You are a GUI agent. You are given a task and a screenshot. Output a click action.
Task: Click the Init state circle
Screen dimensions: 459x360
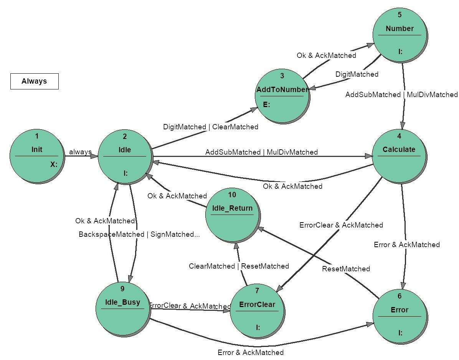[x=37, y=156]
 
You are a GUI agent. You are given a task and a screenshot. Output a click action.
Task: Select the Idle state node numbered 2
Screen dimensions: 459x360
[x=125, y=157]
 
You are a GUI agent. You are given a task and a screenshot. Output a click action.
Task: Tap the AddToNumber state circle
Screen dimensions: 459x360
[x=282, y=96]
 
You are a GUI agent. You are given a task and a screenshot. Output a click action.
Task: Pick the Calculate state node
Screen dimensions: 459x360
[x=400, y=157]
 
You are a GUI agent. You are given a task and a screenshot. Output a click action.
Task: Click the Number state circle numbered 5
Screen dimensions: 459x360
[x=400, y=35]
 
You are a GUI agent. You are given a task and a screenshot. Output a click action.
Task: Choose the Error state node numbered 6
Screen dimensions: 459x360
[x=400, y=317]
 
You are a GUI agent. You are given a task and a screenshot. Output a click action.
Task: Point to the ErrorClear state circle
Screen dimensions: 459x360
[x=258, y=311]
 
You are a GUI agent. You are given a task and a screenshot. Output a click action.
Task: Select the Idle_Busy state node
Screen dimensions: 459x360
[x=123, y=309]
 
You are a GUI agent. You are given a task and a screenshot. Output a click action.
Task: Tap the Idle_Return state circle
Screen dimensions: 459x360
[x=233, y=215]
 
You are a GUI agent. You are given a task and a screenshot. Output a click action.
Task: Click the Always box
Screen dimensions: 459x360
[x=35, y=81]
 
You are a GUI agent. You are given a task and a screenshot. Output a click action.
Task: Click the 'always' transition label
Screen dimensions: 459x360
[x=80, y=152]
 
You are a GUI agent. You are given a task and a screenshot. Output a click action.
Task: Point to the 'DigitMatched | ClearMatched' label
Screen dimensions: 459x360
[x=211, y=127]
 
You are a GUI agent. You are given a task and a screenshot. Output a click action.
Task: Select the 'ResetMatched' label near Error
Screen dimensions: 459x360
[x=346, y=269]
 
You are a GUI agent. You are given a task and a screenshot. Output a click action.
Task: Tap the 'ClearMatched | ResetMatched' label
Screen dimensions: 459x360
[x=239, y=266]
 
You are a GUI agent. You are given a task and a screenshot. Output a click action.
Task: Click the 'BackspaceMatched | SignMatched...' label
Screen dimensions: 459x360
[x=139, y=234]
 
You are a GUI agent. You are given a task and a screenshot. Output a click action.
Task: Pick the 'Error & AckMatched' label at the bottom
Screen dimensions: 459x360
[x=251, y=352]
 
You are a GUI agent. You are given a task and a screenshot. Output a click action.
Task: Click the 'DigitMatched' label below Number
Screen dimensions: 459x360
[x=357, y=74]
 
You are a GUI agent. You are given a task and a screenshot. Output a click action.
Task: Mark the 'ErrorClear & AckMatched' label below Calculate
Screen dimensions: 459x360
[x=341, y=225]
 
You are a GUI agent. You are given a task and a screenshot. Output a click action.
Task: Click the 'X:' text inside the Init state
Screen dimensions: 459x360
[x=54, y=165]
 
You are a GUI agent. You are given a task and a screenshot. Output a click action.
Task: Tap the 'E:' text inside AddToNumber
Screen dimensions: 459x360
[x=266, y=104]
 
